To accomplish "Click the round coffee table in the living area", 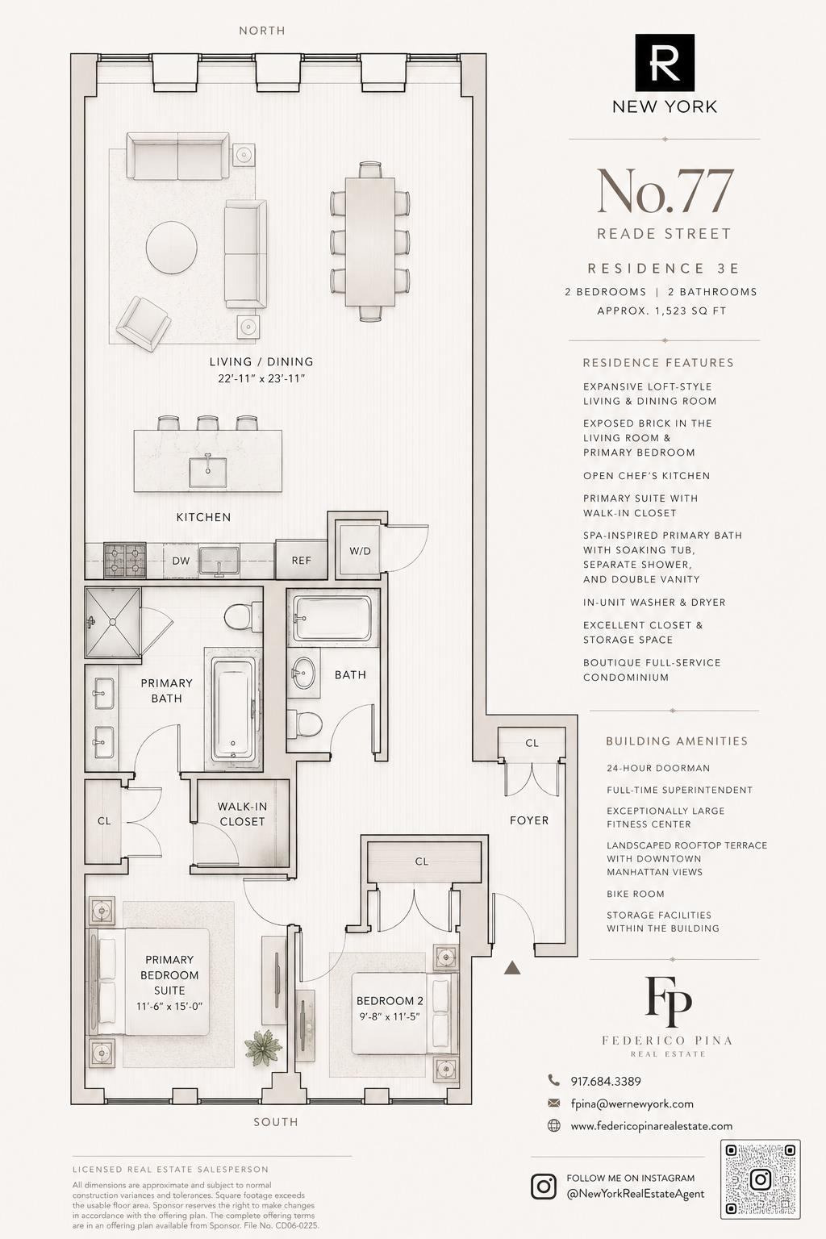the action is click(172, 248).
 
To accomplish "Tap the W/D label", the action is click(360, 551).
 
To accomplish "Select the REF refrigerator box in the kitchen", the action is click(301, 560).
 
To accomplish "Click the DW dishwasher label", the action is click(181, 561).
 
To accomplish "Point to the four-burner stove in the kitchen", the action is click(125, 560).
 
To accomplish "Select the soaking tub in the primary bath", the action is click(233, 708).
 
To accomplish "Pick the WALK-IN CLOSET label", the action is click(242, 814).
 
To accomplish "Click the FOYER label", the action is click(529, 820).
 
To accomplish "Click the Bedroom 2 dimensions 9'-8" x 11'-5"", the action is click(390, 1016).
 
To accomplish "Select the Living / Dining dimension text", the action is click(261, 379).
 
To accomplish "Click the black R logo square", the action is click(665, 62).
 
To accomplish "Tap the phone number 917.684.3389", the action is click(606, 1081).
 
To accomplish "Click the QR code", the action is click(760, 1187).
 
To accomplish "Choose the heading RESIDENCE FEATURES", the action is click(658, 363).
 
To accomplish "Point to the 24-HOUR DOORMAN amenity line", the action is click(657, 768).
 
